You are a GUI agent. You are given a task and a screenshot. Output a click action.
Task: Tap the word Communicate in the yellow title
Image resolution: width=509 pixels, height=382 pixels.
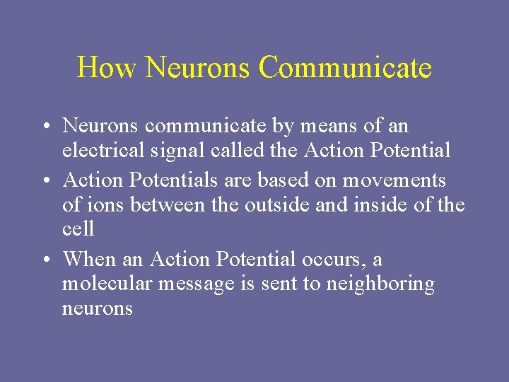[x=345, y=68]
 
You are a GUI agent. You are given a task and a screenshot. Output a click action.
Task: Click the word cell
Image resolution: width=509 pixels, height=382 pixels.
[x=78, y=229]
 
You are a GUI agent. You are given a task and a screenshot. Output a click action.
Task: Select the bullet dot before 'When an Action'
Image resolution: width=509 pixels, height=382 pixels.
[x=45, y=260]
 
